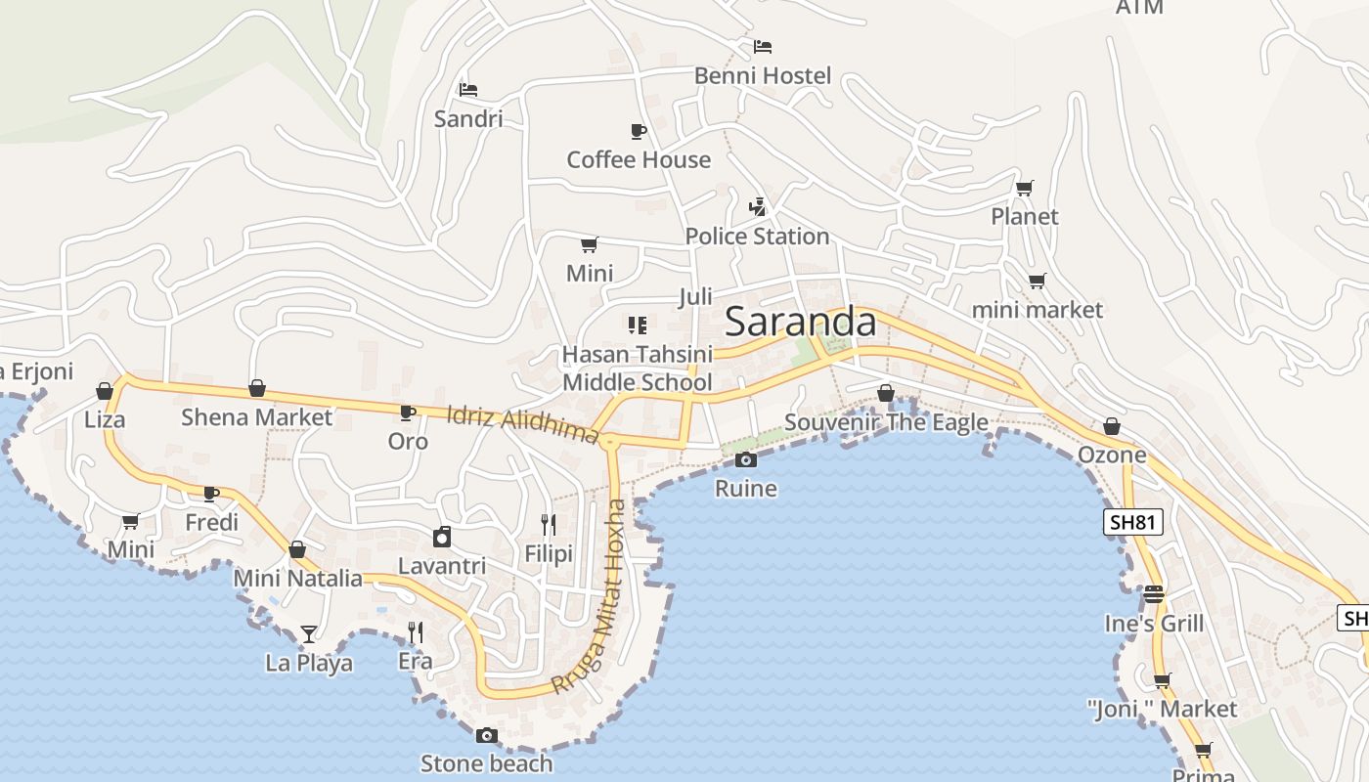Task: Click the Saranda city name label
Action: coord(801,322)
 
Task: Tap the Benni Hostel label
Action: coord(763,75)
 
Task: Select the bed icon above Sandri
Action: coord(468,90)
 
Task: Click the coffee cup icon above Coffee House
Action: coord(638,131)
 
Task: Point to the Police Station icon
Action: coord(757,206)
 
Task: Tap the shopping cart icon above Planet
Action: coord(1024,188)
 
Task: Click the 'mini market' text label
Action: coord(1037,310)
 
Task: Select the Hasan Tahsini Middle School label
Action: coord(638,368)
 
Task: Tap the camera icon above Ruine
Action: coord(746,459)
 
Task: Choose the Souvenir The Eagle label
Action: coord(886,422)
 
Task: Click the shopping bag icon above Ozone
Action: coord(1112,426)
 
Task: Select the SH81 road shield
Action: coord(1134,522)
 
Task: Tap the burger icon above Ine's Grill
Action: coord(1154,594)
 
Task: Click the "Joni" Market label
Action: coord(1162,709)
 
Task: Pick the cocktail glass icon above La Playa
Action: coord(309,633)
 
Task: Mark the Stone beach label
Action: coord(486,762)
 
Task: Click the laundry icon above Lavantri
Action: coord(442,537)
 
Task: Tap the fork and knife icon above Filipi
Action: coord(548,525)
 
